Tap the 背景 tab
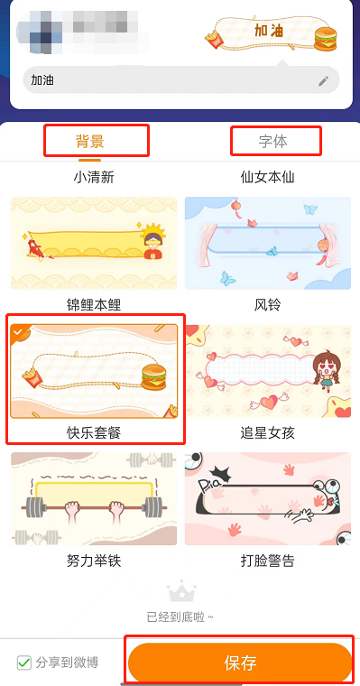pyautogui.click(x=90, y=141)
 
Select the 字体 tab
pyautogui.click(x=273, y=142)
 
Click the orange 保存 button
pyautogui.click(x=240, y=663)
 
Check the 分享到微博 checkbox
pyautogui.click(x=24, y=663)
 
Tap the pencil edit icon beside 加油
pyautogui.click(x=324, y=80)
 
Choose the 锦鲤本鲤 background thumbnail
pyautogui.click(x=94, y=243)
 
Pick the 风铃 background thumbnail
pyautogui.click(x=267, y=243)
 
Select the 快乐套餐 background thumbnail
pyautogui.click(x=94, y=371)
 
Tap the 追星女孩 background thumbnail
pyautogui.click(x=267, y=371)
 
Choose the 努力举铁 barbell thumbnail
pyautogui.click(x=94, y=499)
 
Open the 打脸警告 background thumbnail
pyautogui.click(x=267, y=499)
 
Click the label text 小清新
pyautogui.click(x=94, y=178)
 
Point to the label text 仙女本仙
pyautogui.click(x=268, y=178)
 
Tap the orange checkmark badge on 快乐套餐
pyautogui.click(x=17, y=331)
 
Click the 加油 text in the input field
pyautogui.click(x=42, y=80)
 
